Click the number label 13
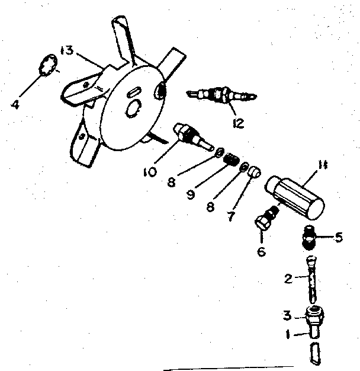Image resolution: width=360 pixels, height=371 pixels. pos(66,50)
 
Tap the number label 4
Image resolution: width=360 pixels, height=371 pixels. pos(15,105)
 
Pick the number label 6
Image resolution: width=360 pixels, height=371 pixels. pos(261,252)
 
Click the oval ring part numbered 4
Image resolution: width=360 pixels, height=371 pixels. pos(48,65)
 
